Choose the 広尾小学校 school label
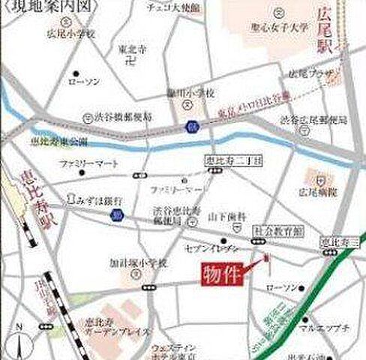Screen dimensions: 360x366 click(x=71, y=34)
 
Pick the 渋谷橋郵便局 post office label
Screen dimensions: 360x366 click(x=121, y=118)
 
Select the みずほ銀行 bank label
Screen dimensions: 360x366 click(x=94, y=200)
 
